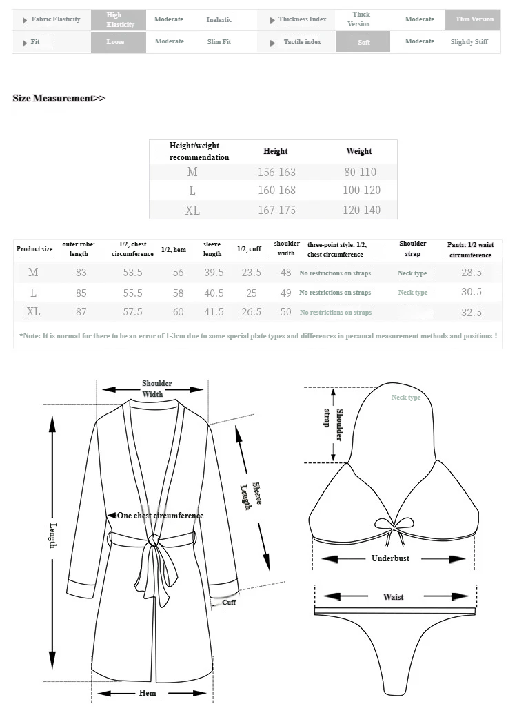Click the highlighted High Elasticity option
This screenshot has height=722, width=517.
pos(118,20)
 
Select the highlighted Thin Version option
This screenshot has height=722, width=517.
pos(474,19)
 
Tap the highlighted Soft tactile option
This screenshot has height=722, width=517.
pos(363,43)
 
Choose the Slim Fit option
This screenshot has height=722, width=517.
pos(219,42)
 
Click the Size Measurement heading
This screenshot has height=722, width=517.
pos(59,98)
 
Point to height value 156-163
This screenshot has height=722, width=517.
pos(276,172)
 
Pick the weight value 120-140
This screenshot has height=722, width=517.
pos(361,210)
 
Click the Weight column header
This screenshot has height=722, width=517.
pos(358,151)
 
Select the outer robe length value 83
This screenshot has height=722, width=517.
pos(81,273)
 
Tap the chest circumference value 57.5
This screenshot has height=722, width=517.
pos(132,312)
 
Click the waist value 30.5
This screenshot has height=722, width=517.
pos(472,292)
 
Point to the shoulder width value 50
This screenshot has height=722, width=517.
pos(285,312)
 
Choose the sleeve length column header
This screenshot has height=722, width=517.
pos(212,248)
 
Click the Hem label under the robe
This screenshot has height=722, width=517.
pos(148,693)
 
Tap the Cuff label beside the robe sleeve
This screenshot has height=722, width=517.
pos(229,602)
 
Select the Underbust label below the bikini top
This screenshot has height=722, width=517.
pos(390,558)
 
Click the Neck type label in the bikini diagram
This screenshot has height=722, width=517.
pos(405,397)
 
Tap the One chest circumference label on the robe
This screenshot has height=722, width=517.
pos(160,516)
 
